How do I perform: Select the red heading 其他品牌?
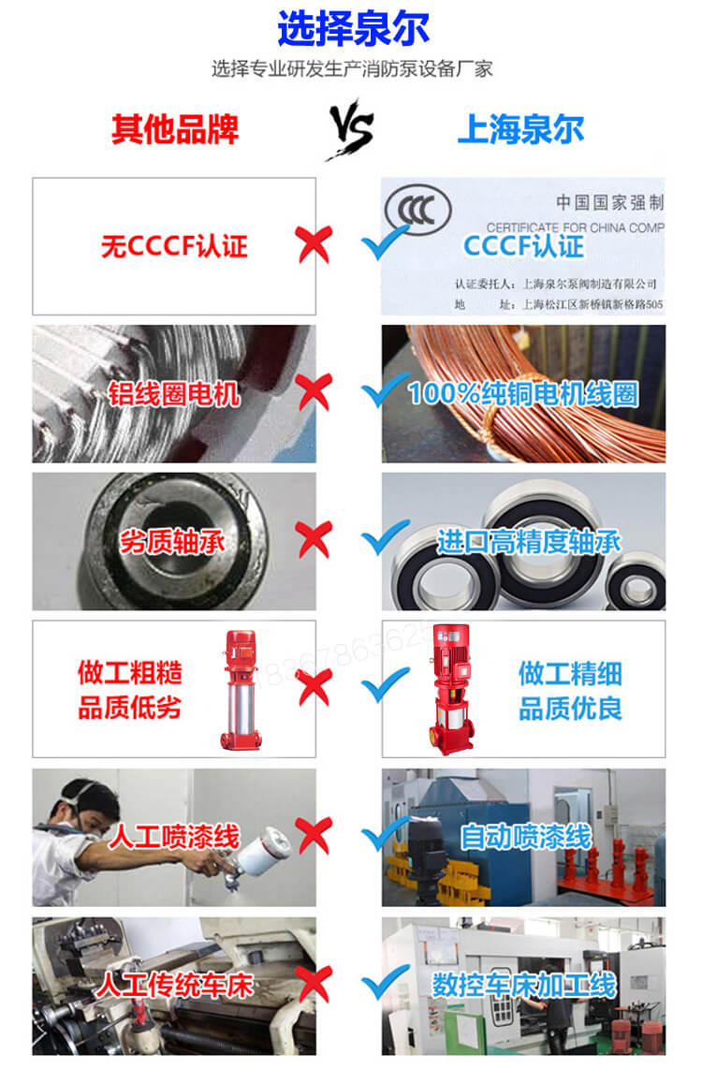point(175,129)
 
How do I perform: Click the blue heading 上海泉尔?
point(520,129)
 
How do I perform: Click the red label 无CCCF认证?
point(174,246)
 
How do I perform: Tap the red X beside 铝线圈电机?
point(314,391)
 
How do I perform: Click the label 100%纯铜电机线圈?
point(523,393)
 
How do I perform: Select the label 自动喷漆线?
point(525,836)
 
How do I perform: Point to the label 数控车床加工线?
point(523,985)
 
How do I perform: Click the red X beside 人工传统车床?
point(314,984)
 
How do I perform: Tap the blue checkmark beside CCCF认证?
point(386,244)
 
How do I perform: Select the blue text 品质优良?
point(569,708)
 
